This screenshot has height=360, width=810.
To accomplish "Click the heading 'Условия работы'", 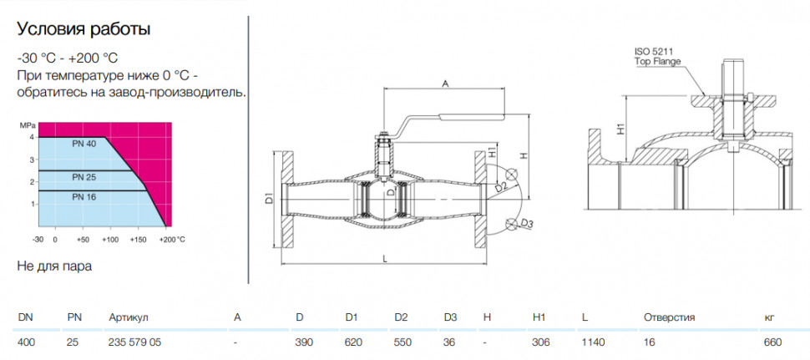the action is pos(84,30).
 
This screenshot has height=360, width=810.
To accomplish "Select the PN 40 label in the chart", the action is pos(84,145).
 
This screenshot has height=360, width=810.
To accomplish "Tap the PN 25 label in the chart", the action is pos(84,177).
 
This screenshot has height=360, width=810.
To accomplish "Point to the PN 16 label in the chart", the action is pos(84,197).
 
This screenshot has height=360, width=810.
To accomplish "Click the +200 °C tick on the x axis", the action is pos(172,240).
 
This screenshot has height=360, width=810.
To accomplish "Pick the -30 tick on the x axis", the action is pos(38,240).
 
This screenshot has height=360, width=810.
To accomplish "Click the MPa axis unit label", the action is pos(27,126).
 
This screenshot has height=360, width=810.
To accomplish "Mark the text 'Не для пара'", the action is pos(54,267).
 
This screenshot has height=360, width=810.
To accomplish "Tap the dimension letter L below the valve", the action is pos(385,259).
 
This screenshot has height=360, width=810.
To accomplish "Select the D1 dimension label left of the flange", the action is pos(269,198).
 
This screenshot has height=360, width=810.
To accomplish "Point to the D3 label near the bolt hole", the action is pos(526,224).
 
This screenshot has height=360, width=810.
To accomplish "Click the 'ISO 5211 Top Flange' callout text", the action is pos(656,56).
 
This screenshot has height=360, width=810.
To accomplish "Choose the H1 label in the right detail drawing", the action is pos(621,129).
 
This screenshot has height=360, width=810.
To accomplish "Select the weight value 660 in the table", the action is pos(774,342).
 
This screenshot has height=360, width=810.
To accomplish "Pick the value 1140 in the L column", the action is pos(594,342).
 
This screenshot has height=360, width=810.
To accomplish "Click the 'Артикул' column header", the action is pos(129,318).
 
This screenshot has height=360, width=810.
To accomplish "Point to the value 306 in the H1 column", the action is pos(541,342).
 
